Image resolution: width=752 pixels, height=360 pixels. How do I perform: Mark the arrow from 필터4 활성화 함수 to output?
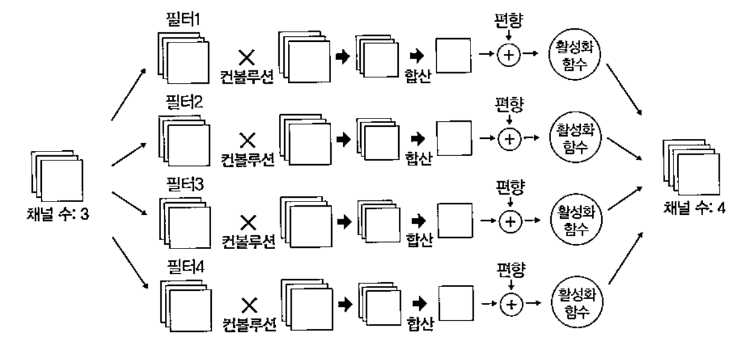point(625,269)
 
